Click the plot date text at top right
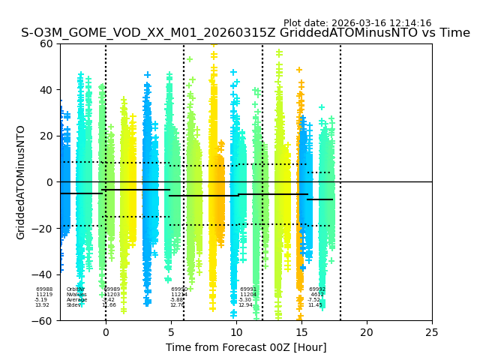357,23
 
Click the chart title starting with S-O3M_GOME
245,33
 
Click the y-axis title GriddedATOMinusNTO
21,182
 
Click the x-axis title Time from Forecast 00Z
246,347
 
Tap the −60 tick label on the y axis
45,320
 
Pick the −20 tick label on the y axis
45,228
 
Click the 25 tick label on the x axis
432,331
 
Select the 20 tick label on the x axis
367,331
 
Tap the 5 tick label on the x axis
170,331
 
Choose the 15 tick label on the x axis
301,331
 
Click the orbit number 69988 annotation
44,289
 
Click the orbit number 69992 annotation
317,289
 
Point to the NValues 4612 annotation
317,295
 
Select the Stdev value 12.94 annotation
246,305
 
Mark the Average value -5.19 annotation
40,300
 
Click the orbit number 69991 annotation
248,289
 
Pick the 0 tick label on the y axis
51,182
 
